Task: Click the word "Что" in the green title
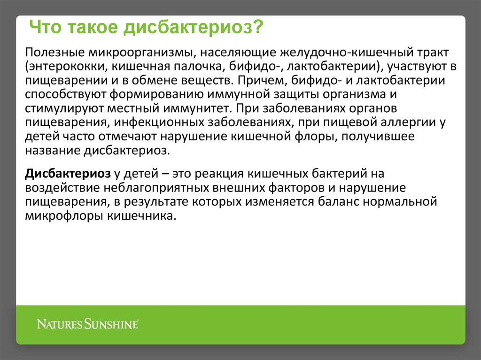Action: [x=45, y=27]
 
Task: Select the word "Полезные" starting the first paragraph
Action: [x=55, y=53]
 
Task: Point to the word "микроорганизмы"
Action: [x=142, y=53]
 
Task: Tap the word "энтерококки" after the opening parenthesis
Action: [x=68, y=67]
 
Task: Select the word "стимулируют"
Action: [x=64, y=109]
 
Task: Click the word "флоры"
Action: [x=316, y=137]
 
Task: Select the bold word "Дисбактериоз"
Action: [x=68, y=174]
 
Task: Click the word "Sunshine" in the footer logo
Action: [x=111, y=324]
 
